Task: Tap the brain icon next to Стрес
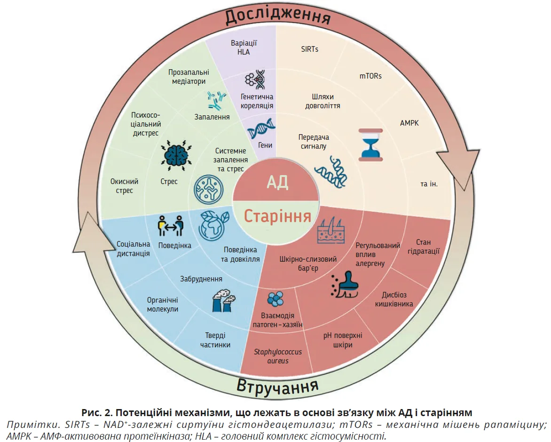point(176,153)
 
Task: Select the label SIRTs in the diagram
point(310,49)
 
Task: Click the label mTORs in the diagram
point(370,76)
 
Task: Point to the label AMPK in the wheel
point(409,123)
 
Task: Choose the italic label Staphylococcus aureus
point(271,356)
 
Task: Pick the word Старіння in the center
point(277,216)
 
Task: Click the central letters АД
point(277,182)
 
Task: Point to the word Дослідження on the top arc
point(277,16)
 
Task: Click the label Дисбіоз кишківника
point(394,299)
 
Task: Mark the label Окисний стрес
point(124,186)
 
